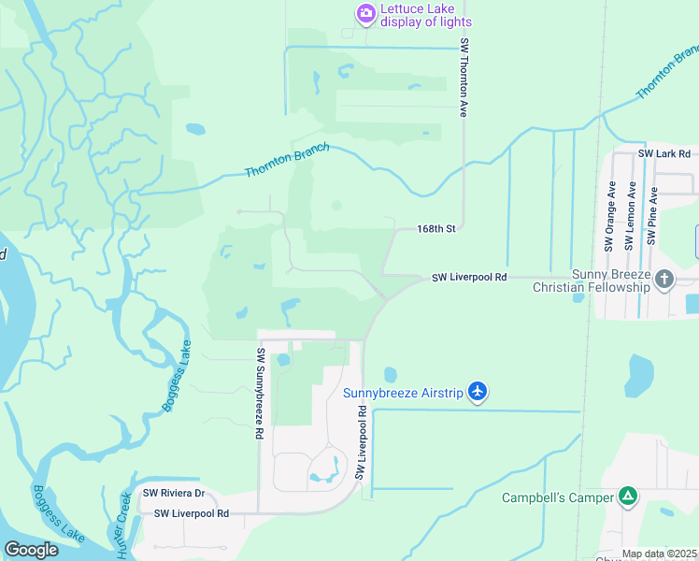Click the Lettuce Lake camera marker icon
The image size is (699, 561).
(x=365, y=13)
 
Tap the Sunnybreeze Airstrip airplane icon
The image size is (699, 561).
(x=478, y=390)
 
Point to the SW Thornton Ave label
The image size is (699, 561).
(x=463, y=78)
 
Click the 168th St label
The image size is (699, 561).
(x=435, y=228)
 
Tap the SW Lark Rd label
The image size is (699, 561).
(x=663, y=153)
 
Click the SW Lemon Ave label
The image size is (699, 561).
(x=631, y=216)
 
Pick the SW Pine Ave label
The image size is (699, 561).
(x=653, y=216)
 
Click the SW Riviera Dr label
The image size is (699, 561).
(x=173, y=493)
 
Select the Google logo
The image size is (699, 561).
(x=31, y=550)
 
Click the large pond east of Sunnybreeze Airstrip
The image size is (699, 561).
(x=642, y=376)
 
